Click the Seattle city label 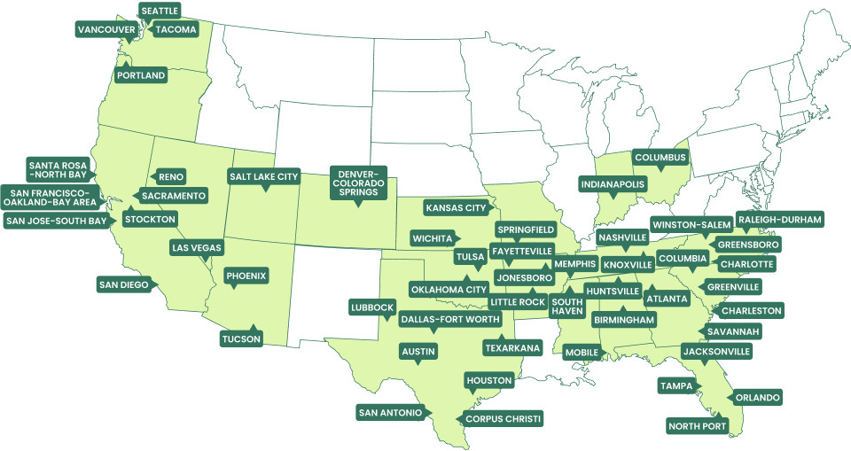click(160, 11)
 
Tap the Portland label click(141, 75)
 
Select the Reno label click(170, 176)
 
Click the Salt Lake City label click(263, 176)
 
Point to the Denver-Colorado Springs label click(359, 181)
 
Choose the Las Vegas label click(196, 247)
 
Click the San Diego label click(122, 284)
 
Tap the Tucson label click(240, 338)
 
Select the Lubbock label click(372, 307)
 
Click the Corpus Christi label click(502, 417)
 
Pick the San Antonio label click(390, 412)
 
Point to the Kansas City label click(457, 208)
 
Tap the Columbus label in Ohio click(660, 158)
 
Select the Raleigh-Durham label click(780, 219)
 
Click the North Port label click(698, 426)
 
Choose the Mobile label click(582, 352)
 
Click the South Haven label click(566, 306)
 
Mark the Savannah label click(732, 331)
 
